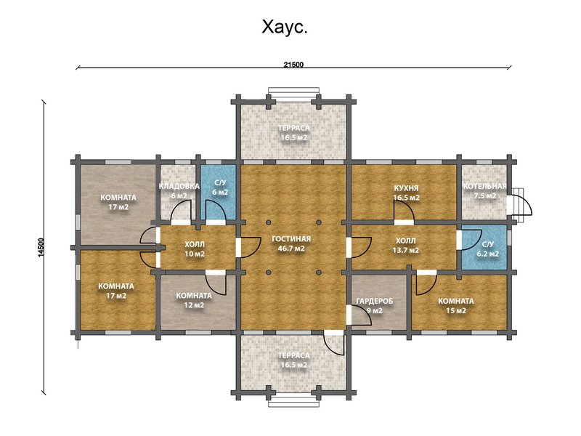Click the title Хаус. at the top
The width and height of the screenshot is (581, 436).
coord(285,28)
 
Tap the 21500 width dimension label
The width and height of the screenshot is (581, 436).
coord(293,65)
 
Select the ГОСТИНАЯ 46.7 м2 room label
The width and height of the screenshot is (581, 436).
coord(291,243)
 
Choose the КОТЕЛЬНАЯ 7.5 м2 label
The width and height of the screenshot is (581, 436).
coord(484,190)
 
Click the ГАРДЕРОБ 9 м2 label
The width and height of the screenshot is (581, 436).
coord(374,306)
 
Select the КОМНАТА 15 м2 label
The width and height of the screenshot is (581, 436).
coord(455,305)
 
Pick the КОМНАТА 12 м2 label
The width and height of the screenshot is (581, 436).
coord(194,300)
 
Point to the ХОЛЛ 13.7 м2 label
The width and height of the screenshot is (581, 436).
coord(406,245)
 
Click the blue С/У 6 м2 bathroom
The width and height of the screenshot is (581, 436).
coord(219,188)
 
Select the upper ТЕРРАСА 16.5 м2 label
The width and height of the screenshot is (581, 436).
coord(293,132)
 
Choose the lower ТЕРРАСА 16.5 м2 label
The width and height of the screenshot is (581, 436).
coord(293,360)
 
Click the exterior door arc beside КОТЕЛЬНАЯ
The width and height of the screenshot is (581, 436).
coord(521,205)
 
